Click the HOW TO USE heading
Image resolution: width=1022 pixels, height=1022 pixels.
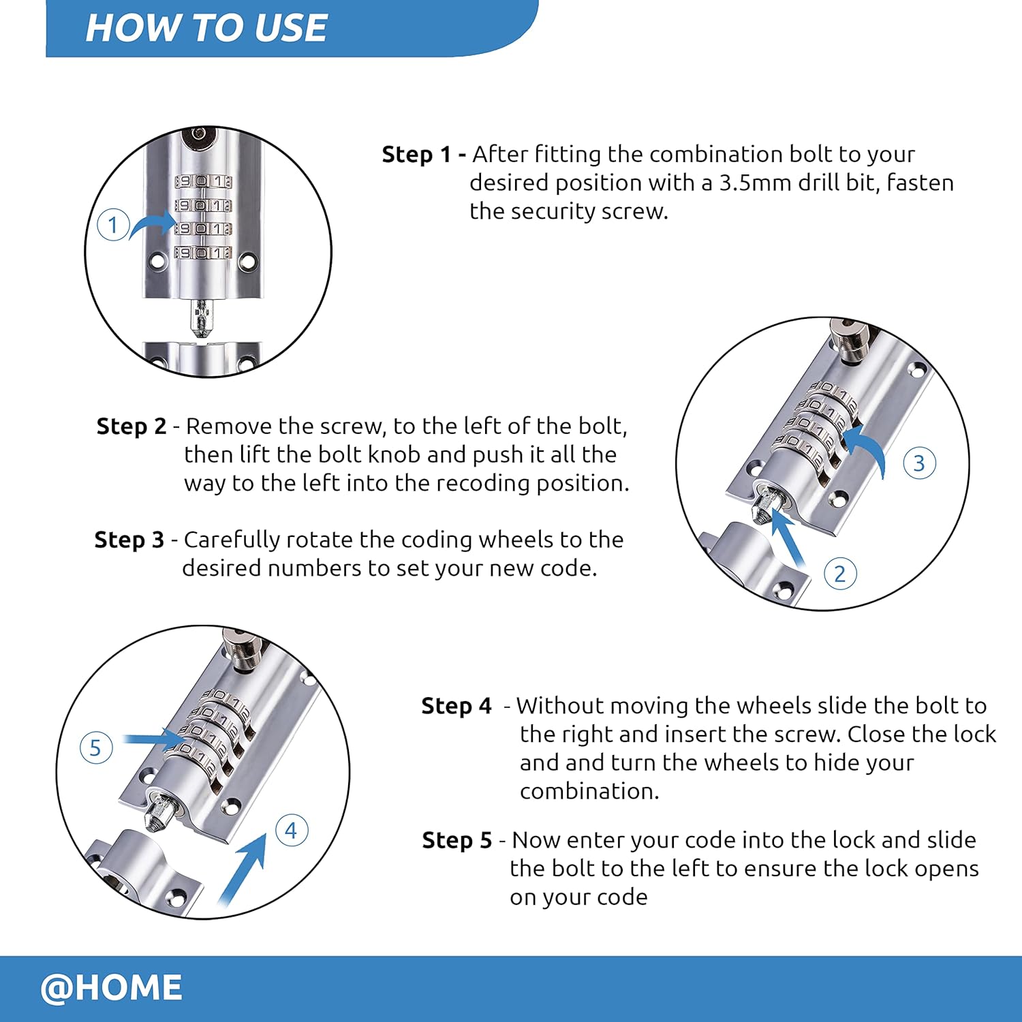coord(206,28)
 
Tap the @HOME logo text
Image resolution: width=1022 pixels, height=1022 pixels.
coord(111,987)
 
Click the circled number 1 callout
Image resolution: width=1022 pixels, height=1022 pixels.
coord(113,225)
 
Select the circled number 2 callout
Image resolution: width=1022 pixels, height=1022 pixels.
coord(839,574)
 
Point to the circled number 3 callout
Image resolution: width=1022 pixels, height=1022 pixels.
coord(918,463)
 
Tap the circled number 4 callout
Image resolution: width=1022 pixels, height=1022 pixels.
coord(291,831)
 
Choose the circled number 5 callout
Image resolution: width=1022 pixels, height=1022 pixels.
coord(95,747)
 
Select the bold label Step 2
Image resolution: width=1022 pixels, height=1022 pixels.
coord(131,427)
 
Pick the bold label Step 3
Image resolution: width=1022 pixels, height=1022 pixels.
coord(129,540)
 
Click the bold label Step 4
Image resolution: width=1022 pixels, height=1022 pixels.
coord(456,706)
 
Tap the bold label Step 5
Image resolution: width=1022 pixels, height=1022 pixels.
coord(456,840)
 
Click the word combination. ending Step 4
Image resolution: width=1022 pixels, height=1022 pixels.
coord(589,791)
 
